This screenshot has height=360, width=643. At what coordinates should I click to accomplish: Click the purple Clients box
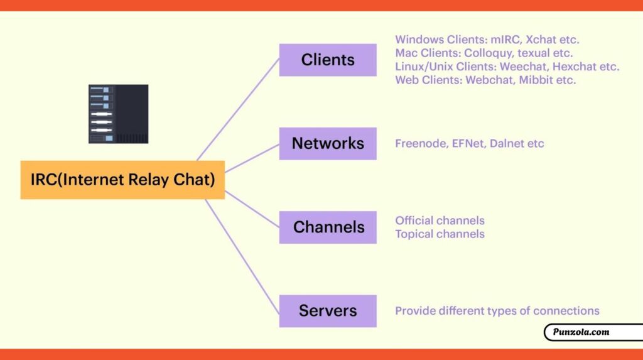click(328, 60)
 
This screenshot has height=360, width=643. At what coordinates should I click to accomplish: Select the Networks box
click(328, 144)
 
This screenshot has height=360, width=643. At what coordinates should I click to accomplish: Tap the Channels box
click(328, 227)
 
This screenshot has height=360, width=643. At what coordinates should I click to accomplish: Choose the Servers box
click(328, 311)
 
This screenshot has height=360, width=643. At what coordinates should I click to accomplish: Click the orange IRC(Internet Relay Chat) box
click(122, 180)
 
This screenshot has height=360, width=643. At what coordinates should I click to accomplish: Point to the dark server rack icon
click(119, 114)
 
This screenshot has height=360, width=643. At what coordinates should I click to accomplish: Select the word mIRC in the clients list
click(506, 40)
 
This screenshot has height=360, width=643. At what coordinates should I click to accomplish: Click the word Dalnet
click(507, 144)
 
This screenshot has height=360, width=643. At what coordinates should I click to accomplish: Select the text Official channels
click(440, 221)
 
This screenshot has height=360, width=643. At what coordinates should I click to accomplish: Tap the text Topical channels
click(440, 234)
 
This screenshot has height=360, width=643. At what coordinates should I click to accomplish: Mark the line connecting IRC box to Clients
click(238, 109)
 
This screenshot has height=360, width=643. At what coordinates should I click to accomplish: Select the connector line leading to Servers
click(242, 256)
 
